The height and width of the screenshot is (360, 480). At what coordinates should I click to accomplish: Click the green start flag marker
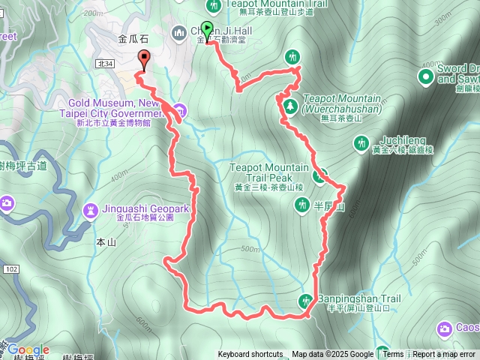[x=207, y=28]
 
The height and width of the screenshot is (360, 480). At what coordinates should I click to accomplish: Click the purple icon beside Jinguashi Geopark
[x=91, y=208]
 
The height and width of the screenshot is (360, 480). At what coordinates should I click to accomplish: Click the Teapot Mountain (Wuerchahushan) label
[x=343, y=103]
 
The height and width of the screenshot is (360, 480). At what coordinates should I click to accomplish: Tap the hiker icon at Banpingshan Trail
[x=305, y=301]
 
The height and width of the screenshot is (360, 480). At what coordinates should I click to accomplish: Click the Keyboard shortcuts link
[x=250, y=355]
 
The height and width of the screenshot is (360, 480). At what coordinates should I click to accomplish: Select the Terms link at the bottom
[x=393, y=355]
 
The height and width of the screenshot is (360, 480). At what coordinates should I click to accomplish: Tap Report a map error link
[x=444, y=355]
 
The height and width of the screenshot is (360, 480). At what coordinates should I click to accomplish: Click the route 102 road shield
[x=10, y=268]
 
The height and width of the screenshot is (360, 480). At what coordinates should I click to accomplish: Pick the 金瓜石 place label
[x=133, y=37]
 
